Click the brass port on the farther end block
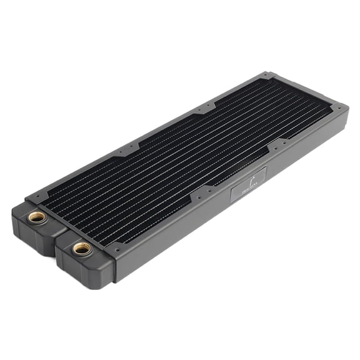[x=37, y=217]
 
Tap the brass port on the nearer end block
[x=81, y=248]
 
